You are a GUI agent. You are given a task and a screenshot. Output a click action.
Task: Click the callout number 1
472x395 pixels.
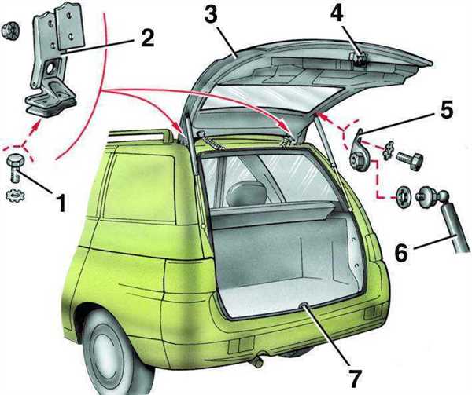pyautogui.click(x=61, y=203)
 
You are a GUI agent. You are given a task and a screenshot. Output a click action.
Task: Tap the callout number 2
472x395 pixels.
pyautogui.click(x=147, y=38)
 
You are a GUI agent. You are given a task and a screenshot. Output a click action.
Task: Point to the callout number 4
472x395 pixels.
pyautogui.click(x=337, y=12)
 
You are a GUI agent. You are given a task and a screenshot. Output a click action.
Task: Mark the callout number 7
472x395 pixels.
pyautogui.click(x=354, y=378)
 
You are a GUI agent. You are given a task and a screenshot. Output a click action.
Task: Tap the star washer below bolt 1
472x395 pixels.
pyautogui.click(x=16, y=196)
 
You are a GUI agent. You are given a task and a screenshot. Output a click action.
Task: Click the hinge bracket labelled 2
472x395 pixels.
pyautogui.click(x=55, y=60)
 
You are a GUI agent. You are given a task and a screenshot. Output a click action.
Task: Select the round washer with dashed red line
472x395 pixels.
pyautogui.click(x=402, y=197)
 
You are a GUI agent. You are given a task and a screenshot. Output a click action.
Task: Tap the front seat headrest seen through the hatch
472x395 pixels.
pyautogui.click(x=247, y=194)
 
